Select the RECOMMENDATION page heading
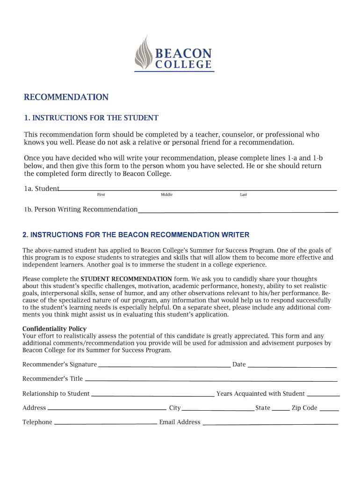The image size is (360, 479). coord(66,97)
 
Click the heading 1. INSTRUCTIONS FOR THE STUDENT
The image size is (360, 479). coord(91,118)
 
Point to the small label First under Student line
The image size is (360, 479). coord(101,195)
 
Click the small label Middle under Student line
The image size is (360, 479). coord(166,195)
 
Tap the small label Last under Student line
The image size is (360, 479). coord(244,195)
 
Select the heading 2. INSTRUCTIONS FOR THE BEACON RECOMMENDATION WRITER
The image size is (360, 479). coord(136,235)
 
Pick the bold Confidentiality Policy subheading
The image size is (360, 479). coord(54,329)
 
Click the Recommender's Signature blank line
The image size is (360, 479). coord(164,366)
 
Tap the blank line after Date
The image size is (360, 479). coord(292,366)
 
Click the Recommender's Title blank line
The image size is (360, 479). coord(210,380)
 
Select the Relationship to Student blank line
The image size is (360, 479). coord(152,395)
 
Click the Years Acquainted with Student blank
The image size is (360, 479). coord(323,395)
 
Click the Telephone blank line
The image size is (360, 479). coord(106,424)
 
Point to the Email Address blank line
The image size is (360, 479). coord(270,424)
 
